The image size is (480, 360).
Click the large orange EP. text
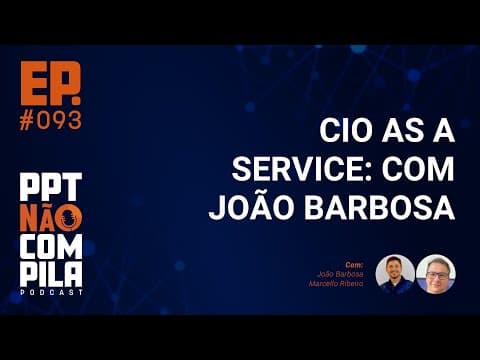click(x=49, y=83)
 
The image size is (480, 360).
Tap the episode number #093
click(x=50, y=119)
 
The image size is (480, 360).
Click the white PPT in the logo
click(x=50, y=187)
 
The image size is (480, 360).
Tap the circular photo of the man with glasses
click(x=435, y=274)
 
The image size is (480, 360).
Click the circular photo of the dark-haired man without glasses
click(x=395, y=274)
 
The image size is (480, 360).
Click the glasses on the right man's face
click(x=435, y=270)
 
